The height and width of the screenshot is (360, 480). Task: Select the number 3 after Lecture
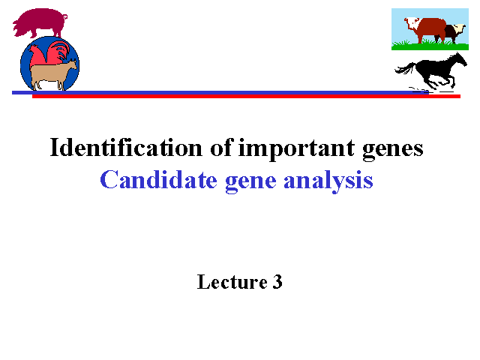277,282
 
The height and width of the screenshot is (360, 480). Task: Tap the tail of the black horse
405,69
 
